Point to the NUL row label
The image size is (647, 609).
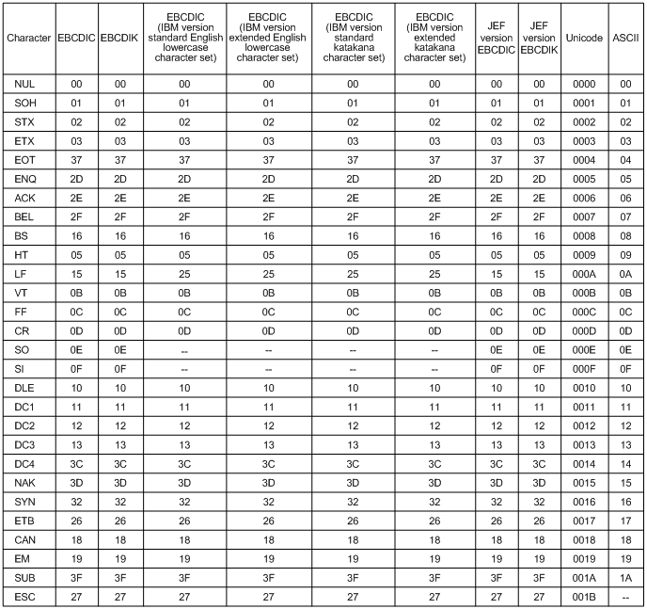[x=24, y=84]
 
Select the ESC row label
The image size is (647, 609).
[x=24, y=596]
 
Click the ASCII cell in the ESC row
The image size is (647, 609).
[x=623, y=596]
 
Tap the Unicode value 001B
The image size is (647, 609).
[x=583, y=596]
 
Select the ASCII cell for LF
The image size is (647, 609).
[x=623, y=273]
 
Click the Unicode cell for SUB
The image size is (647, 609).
[x=583, y=576]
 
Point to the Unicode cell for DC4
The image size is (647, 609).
[x=583, y=462]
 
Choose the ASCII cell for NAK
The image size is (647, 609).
[x=623, y=482]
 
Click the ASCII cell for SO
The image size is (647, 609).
[x=623, y=349]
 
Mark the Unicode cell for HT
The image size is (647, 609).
[x=583, y=254]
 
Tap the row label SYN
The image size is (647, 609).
[x=24, y=501]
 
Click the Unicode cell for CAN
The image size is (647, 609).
[x=583, y=538]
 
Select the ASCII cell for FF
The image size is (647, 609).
[x=623, y=311]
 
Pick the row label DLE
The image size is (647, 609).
[x=24, y=387]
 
